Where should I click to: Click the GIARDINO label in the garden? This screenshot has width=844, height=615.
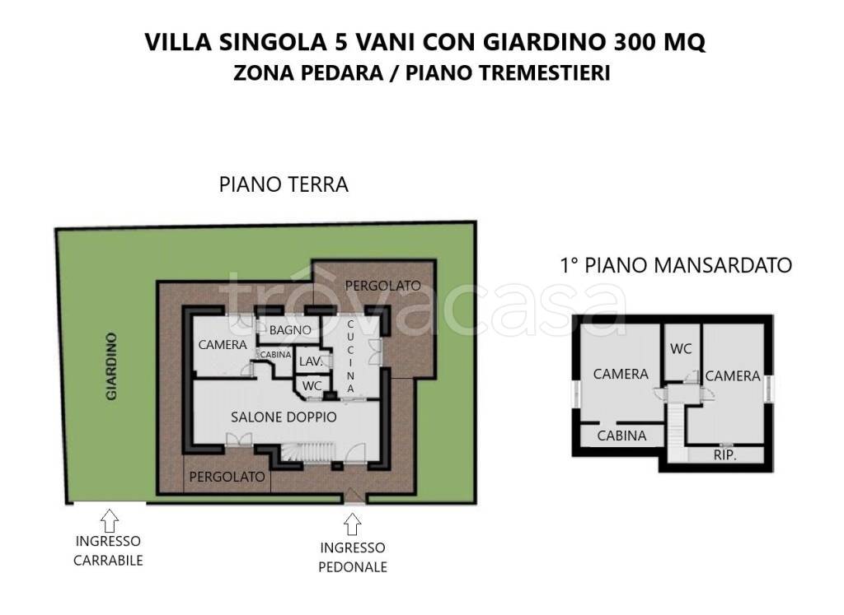pos(111,366)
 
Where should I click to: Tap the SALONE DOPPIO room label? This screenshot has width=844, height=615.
pos(284,417)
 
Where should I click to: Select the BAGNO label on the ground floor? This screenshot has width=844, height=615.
pos(289,330)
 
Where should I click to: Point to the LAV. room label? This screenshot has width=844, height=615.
pos(310,361)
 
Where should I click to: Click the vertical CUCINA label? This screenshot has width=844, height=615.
pos(350,356)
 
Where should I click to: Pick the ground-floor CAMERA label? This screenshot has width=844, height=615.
pos(223,345)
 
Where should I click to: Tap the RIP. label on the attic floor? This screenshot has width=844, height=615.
pos(724,454)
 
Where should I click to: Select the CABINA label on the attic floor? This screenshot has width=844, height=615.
pos(621,436)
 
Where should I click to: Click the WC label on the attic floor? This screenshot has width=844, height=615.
pos(681,349)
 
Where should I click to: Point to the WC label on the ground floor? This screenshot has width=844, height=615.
pos(312,385)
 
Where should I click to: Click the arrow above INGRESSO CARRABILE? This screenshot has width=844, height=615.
pos(108,519)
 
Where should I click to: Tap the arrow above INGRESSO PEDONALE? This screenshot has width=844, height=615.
pos(352,524)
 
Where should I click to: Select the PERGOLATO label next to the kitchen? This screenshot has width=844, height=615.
pos(382,286)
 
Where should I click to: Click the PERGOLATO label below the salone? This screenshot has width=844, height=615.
pos(227,477)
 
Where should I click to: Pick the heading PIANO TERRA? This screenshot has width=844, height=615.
pos(284,184)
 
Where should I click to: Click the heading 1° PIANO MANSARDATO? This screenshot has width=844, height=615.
pos(675,265)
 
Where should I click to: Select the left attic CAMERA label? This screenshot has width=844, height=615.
pos(621,375)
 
